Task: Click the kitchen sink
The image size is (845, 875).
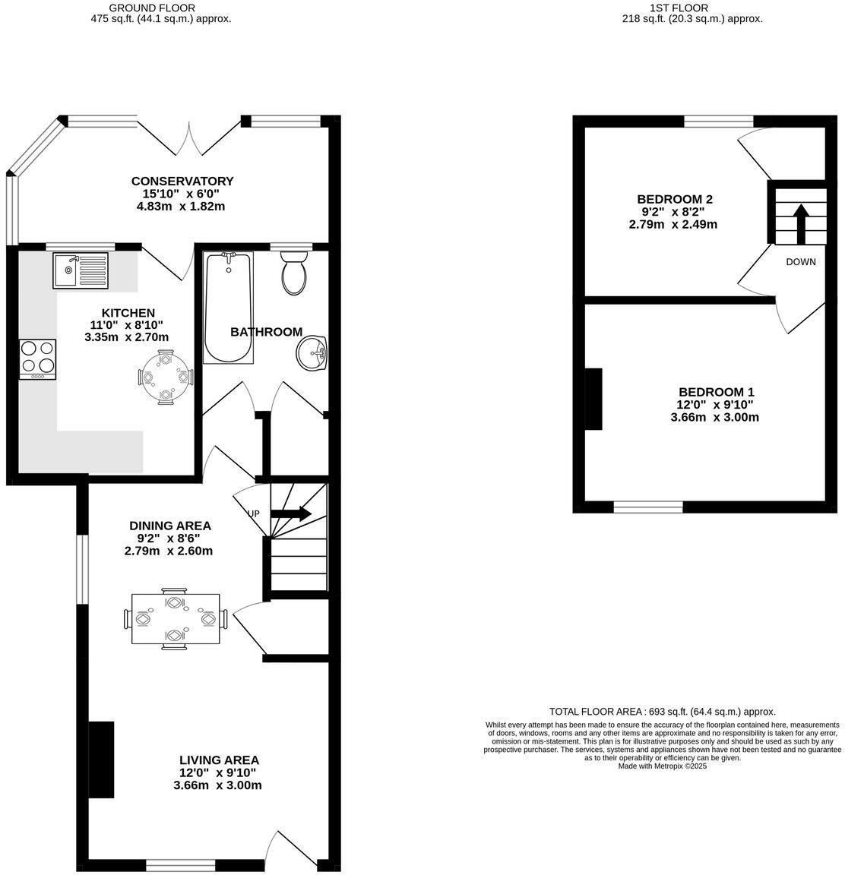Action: [x=81, y=270]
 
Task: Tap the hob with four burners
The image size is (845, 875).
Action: [x=38, y=359]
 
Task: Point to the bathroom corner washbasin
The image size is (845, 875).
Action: [x=312, y=354]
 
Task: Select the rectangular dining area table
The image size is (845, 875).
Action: [x=176, y=618]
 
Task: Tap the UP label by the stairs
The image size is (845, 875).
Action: [x=253, y=513]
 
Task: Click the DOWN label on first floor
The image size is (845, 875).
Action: [x=801, y=262]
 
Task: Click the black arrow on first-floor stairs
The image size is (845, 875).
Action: [x=800, y=222]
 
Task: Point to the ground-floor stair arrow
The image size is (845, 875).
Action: [x=291, y=513]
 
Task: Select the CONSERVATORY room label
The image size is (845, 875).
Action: [x=182, y=181]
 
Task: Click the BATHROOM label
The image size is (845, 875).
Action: [x=266, y=332]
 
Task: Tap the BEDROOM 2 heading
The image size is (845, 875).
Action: [x=675, y=199]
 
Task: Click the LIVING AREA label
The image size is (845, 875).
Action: [x=219, y=760]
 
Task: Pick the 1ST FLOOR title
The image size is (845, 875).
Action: [x=679, y=8]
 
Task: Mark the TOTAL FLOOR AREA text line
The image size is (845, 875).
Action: [x=662, y=712]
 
